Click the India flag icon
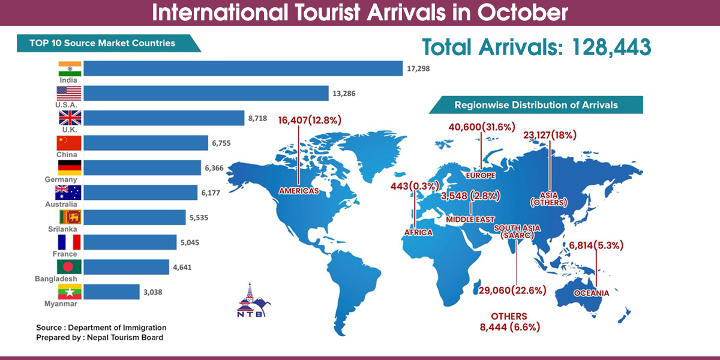click(69, 68)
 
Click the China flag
click(69, 143)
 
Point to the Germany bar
click(142, 167)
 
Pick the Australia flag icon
click(69, 192)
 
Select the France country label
click(65, 254)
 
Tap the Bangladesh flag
click(69, 266)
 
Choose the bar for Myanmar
click(111, 292)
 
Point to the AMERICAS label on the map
click(298, 191)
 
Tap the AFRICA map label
click(415, 232)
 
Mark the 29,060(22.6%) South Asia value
click(512, 290)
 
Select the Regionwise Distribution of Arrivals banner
click(536, 105)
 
